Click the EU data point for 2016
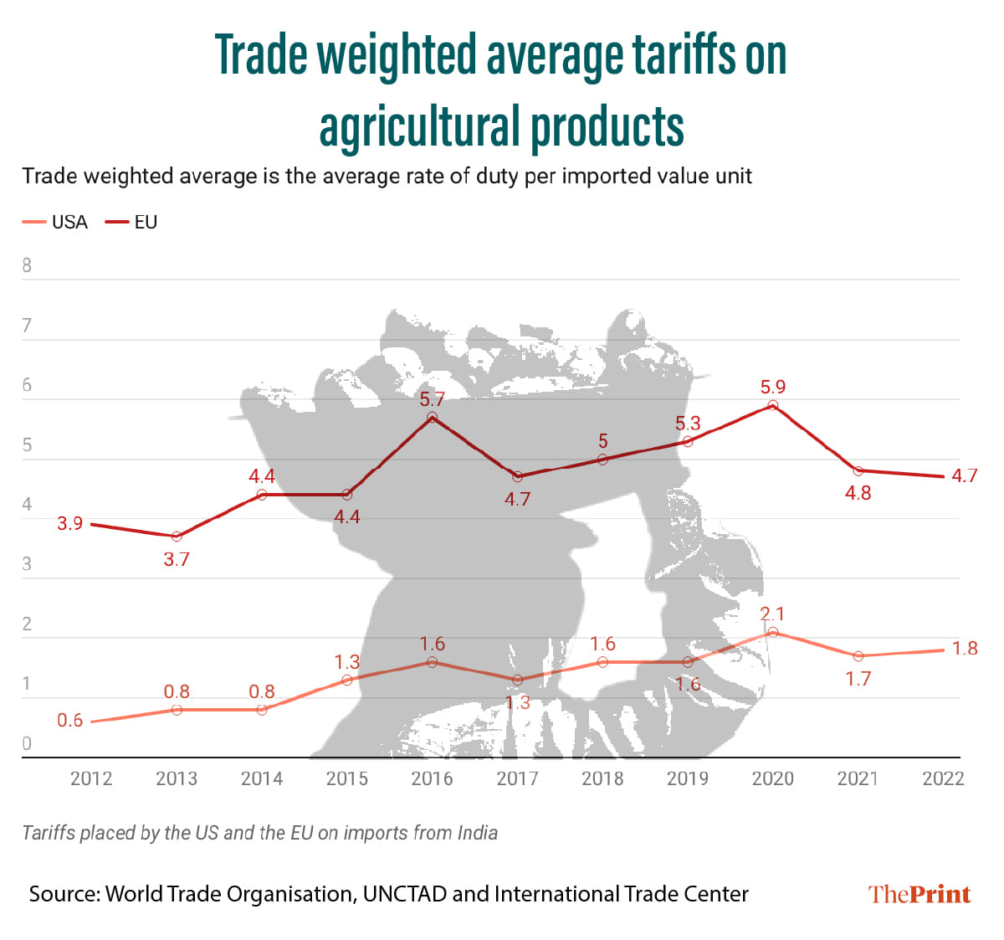[432, 417]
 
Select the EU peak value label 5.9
[772, 387]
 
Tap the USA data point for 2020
[772, 632]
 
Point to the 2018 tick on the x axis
[602, 778]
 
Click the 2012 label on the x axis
[91, 778]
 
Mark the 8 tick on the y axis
[27, 265]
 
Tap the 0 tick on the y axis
[27, 743]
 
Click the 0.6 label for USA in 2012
[70, 721]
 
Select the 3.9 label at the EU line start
[70, 524]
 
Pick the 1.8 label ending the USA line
[965, 649]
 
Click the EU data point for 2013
[177, 536]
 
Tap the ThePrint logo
[919, 894]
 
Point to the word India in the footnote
[477, 833]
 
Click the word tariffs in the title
[681, 55]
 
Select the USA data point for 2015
[347, 680]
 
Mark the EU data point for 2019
[688, 441]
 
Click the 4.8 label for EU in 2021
[858, 493]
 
